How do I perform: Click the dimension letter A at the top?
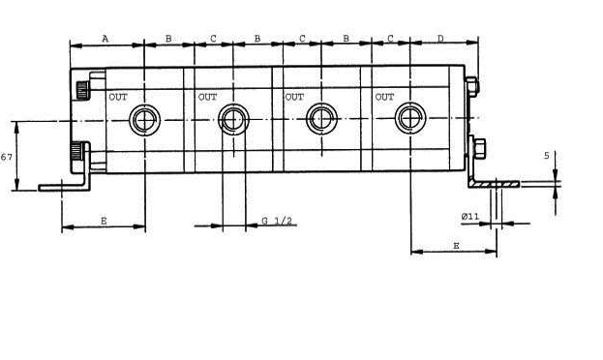coord(105,39)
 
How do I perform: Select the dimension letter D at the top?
coord(440,39)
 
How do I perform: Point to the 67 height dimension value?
coord(6,157)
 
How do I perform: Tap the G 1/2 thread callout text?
coord(277,221)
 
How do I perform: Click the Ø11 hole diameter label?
coord(470,216)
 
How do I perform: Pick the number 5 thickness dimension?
coord(547,156)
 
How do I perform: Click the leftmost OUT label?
coord(118,97)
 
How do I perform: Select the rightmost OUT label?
coord(384,97)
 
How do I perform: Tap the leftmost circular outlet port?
coord(144,120)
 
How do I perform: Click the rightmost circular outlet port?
coord(410,118)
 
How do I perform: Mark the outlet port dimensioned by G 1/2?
coord(233,120)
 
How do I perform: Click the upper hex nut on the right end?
coord(471,86)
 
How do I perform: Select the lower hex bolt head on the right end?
coord(478,148)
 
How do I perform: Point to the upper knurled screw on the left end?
coord(82,90)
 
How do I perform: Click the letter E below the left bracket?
coord(104,221)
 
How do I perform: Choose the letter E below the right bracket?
coord(456,246)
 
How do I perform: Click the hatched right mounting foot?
coord(495,185)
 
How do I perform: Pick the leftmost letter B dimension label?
coord(168,39)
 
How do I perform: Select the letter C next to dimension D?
coord(390,39)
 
